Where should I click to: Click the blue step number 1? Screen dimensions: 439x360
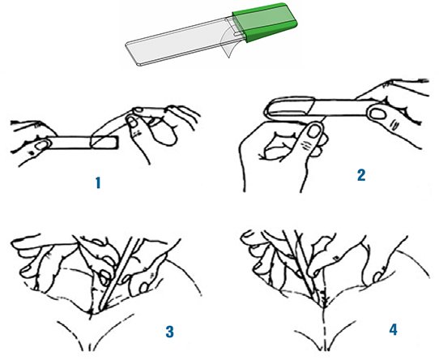click(98, 182)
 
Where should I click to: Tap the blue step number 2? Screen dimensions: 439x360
click(361, 175)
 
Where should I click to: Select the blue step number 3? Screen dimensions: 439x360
click(169, 332)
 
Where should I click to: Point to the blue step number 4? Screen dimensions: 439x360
click(393, 330)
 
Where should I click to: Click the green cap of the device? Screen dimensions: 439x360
click(265, 22)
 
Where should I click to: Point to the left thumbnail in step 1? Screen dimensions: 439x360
click(42, 145)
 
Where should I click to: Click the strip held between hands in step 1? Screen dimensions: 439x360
click(81, 142)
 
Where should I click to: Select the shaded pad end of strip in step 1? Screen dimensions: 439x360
click(104, 142)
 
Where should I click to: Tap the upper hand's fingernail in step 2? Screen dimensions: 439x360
click(378, 114)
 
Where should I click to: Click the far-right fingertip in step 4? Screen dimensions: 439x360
click(378, 277)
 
